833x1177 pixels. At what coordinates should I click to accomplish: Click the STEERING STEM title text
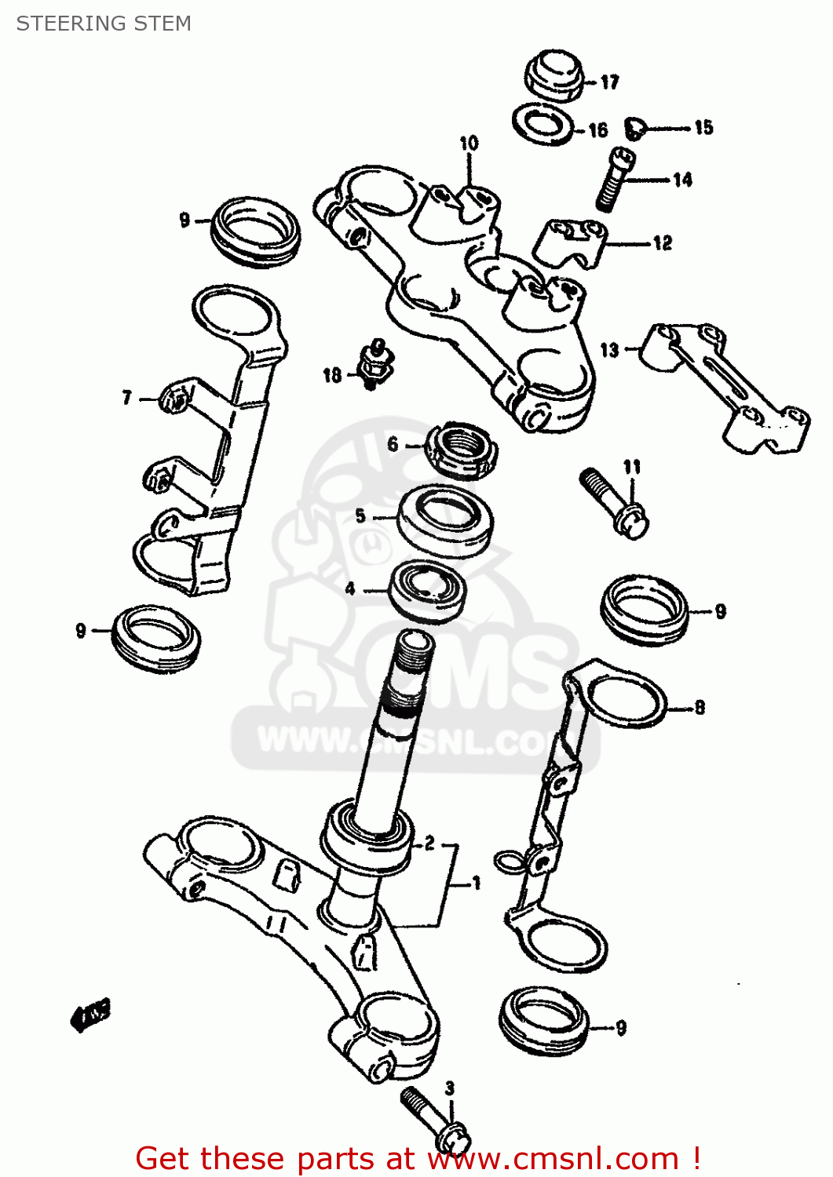(x=104, y=24)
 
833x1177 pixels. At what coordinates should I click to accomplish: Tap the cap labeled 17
(x=554, y=75)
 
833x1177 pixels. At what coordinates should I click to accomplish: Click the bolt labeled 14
(x=615, y=180)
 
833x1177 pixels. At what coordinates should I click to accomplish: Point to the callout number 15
(x=703, y=127)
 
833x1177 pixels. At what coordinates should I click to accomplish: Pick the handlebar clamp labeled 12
(x=572, y=243)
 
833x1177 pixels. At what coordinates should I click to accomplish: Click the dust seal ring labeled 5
(x=446, y=520)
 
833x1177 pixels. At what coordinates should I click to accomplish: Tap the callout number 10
(x=469, y=143)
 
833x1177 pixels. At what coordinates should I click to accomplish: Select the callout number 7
(x=127, y=398)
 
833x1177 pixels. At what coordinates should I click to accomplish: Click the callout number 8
(x=700, y=707)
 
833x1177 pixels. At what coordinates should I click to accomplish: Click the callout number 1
(x=476, y=884)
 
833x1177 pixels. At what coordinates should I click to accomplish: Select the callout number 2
(x=429, y=844)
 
